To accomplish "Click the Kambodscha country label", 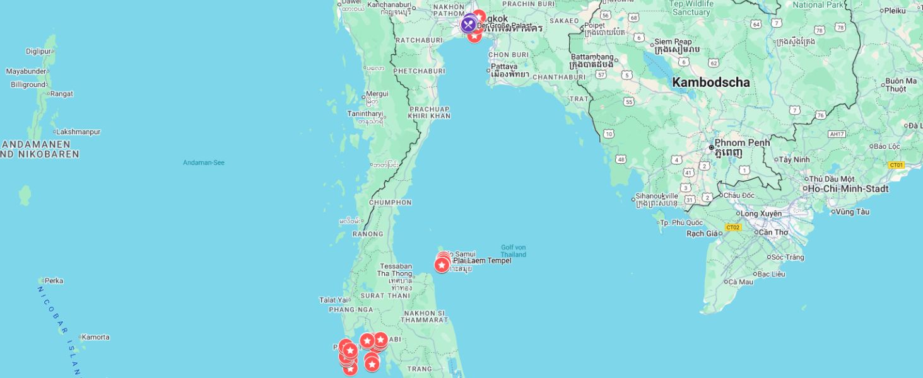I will tap(710, 83).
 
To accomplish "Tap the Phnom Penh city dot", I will tap(712, 147).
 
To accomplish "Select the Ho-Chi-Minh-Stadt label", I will tap(848, 189).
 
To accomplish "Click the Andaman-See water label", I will tap(203, 163).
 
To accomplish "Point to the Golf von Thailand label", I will tap(513, 251).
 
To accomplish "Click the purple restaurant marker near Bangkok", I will tap(468, 25).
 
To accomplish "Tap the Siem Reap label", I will tap(673, 42).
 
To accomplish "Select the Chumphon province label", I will tap(390, 203).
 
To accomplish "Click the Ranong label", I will tap(367, 234).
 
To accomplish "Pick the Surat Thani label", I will tap(385, 295).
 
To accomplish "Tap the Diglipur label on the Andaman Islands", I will tap(38, 52).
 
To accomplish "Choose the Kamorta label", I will tap(95, 337).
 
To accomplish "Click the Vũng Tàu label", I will tap(853, 212).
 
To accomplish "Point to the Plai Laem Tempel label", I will tap(482, 261).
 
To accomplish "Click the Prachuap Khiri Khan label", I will tap(429, 112).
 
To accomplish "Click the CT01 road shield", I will tap(896, 165).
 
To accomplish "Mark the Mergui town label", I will tap(377, 94).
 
